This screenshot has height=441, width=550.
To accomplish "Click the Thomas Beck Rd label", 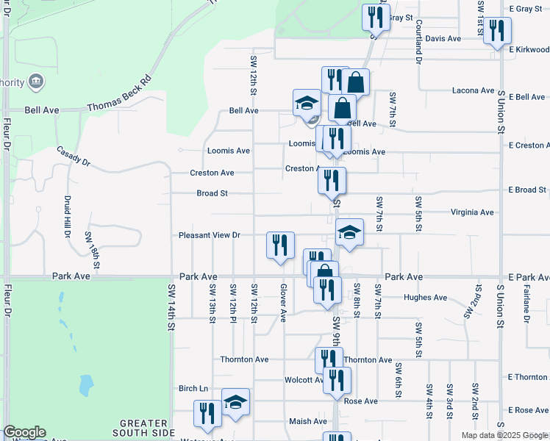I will pyautogui.click(x=119, y=93).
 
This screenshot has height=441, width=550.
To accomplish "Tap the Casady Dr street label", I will pyautogui.click(x=73, y=155).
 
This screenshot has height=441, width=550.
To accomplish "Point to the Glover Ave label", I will pyautogui.click(x=283, y=304).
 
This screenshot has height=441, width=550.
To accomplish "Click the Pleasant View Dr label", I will pyautogui.click(x=210, y=235).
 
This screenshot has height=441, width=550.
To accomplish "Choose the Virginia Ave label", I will pyautogui.click(x=472, y=212).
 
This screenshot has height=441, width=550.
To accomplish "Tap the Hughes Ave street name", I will pyautogui.click(x=426, y=298).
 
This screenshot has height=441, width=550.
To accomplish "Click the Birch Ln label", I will pyautogui.click(x=194, y=388).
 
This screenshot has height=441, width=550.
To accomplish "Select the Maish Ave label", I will pyautogui.click(x=308, y=421).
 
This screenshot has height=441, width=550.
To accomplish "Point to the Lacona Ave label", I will pyautogui.click(x=474, y=90).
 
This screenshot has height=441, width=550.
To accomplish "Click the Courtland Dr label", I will pyautogui.click(x=417, y=30).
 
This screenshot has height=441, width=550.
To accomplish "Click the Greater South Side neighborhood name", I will pyautogui.click(x=145, y=428).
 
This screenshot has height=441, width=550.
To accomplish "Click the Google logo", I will pyautogui.click(x=24, y=433).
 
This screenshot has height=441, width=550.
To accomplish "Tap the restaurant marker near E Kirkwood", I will pyautogui.click(x=498, y=31).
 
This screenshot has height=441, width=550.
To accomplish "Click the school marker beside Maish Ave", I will pyautogui.click(x=236, y=403).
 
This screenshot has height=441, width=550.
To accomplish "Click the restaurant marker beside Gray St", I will pyautogui.click(x=376, y=17).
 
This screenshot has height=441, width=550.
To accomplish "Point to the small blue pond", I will pyautogui.click(x=86, y=384).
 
